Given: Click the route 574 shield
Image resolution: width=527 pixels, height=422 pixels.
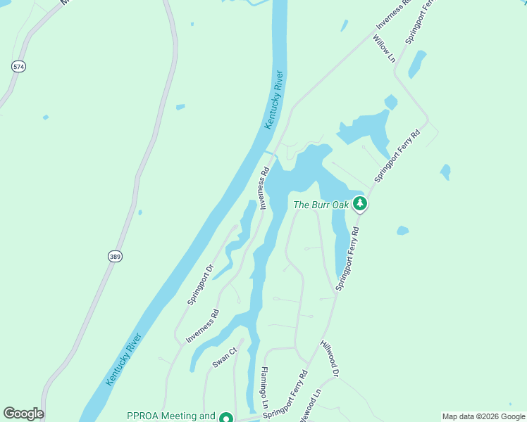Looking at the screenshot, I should point(19,66).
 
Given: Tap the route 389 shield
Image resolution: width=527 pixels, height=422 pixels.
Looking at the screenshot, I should point(115,257).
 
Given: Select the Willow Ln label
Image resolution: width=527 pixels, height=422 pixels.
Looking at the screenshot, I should point(384,49).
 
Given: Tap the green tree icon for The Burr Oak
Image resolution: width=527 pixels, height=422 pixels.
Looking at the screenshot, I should point(361,204).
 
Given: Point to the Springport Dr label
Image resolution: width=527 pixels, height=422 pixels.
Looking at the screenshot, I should point(200,284).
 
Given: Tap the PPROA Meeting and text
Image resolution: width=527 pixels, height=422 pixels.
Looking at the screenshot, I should point(170,416).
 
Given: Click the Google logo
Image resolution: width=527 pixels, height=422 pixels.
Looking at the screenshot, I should point(23,414).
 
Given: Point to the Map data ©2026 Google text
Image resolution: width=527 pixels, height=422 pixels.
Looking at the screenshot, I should point(484,416).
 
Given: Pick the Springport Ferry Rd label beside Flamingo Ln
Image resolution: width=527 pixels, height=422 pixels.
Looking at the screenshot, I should point(285,395).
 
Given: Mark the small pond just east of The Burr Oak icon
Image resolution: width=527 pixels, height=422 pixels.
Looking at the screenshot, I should point(402,230).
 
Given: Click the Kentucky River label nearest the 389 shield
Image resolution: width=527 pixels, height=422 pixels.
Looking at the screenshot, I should point(124,359).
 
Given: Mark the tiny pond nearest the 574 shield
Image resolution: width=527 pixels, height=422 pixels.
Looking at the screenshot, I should point(46,117).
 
